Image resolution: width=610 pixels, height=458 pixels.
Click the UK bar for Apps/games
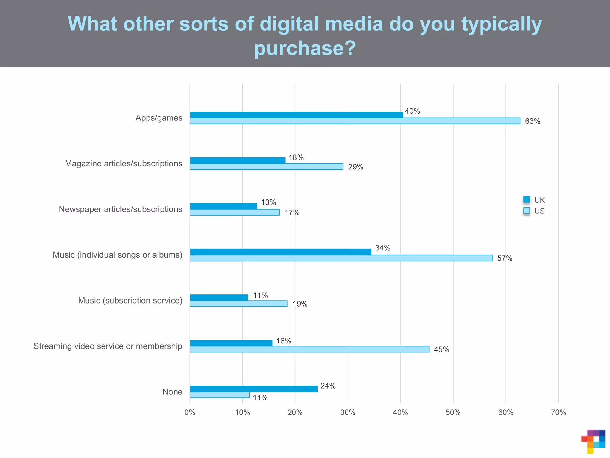coord(296,115)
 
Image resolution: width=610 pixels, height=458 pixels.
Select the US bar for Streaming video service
coord(309,349)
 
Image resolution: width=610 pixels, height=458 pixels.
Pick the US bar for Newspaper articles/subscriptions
coord(235,212)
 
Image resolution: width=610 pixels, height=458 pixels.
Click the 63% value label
coord(533,121)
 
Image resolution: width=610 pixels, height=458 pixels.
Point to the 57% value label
coord(505,258)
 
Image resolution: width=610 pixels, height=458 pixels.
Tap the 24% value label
coord(328,386)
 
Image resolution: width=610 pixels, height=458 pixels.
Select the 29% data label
coord(356,167)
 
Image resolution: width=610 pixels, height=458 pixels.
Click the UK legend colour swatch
coord(527,200)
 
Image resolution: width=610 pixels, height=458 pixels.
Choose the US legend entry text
coord(539,211)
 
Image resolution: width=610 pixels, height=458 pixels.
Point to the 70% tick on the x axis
coord(558,412)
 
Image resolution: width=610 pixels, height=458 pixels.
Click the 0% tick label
coord(190,412)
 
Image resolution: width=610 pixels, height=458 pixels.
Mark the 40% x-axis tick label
coord(400,412)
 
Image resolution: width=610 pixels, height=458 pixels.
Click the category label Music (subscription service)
coord(130,301)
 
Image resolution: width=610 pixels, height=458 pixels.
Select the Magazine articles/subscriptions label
coord(123,164)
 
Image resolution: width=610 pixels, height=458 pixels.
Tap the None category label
coord(172,392)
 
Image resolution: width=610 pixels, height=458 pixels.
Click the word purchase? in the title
coord(305,48)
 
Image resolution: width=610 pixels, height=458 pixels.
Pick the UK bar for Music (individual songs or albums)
coord(281,252)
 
